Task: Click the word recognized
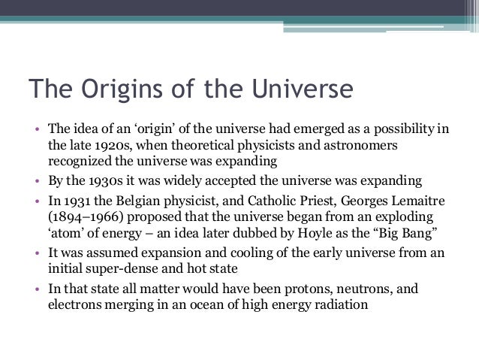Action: [x=80, y=160]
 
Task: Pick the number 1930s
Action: [x=98, y=181]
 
